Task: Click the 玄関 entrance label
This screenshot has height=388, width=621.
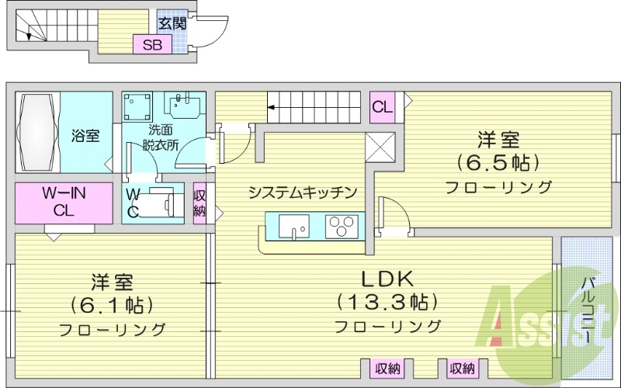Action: tap(172, 23)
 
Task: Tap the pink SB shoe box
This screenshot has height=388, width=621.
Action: tap(152, 45)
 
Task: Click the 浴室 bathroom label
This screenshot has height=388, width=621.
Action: tap(85, 137)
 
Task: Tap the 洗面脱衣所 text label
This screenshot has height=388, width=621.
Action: tap(159, 137)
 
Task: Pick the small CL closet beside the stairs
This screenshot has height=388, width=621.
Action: tap(383, 107)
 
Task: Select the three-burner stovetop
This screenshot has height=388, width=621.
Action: tap(339, 227)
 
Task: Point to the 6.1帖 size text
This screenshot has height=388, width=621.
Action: tap(111, 304)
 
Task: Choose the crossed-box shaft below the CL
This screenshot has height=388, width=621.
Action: tap(383, 145)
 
